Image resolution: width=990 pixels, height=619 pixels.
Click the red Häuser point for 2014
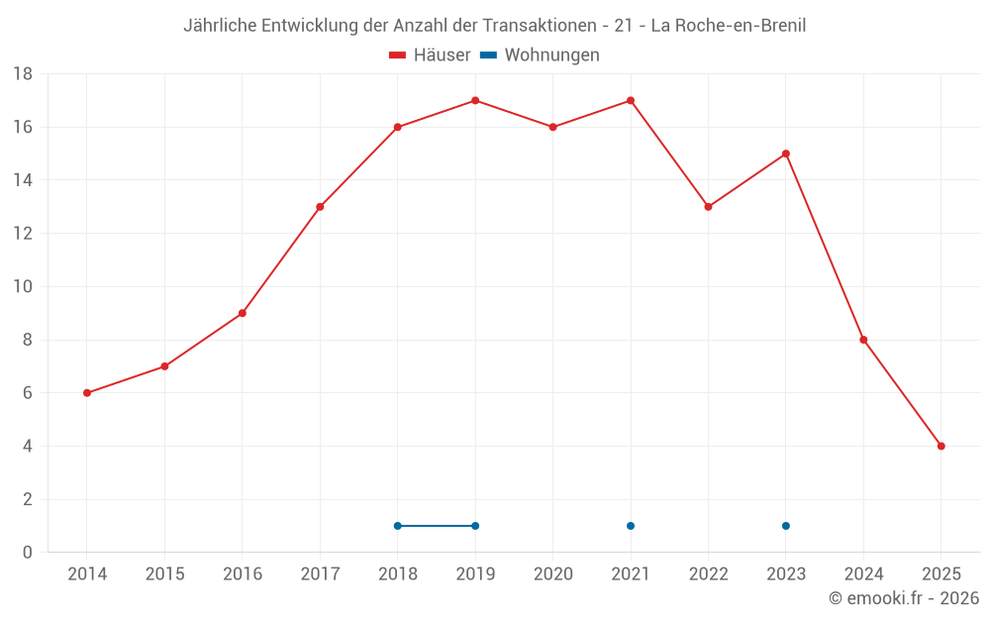87,393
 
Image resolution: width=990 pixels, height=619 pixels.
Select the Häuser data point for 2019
475,100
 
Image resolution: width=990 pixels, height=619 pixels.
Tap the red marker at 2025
940,446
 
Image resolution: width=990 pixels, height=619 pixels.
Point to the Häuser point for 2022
708,207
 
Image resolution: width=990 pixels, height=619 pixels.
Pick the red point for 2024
863,340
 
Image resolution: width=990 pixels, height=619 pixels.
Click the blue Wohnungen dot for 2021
631,526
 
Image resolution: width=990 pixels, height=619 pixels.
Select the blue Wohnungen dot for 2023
786,526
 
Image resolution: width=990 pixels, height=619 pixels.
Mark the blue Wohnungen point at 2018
398,526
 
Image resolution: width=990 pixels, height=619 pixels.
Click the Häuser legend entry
431,55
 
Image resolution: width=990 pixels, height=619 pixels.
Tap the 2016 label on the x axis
243,573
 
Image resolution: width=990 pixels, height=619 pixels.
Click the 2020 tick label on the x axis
553,573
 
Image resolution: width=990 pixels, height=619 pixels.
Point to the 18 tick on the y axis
23,74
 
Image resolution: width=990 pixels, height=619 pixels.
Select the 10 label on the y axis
23,287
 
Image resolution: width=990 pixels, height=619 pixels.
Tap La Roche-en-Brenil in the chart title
728,26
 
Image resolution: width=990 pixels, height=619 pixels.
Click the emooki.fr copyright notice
904,598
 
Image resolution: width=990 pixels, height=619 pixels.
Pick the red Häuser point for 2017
320,207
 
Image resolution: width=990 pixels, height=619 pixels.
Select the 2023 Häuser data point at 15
786,154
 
